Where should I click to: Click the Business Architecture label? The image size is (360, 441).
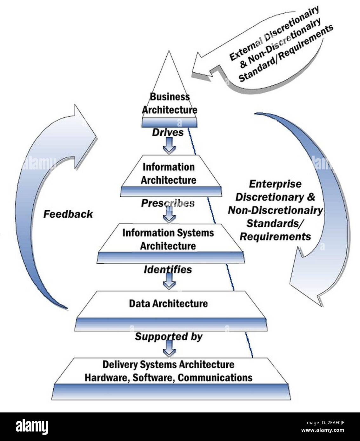169,103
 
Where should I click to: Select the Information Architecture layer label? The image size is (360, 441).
168,174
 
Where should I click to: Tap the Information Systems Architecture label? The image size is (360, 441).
168,239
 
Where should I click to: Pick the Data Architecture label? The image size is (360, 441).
168,304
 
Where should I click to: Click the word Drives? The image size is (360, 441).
168,132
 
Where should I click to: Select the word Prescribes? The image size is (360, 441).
168,203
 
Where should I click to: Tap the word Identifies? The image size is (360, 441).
168,270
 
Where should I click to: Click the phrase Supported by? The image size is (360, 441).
168,337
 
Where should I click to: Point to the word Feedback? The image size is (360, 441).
68,214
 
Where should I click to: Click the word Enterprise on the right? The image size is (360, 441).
275,184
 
